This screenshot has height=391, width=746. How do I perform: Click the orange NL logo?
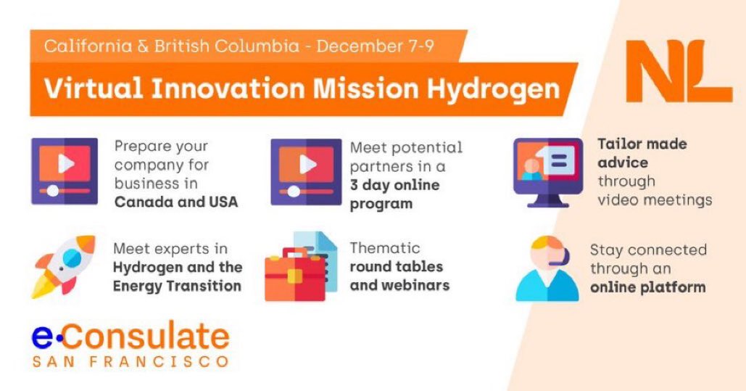coord(678,72)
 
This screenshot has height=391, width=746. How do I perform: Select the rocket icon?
coord(64,266)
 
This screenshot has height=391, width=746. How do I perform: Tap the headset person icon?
coord(547,268)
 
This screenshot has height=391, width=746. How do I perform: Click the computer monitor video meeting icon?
coord(547,171)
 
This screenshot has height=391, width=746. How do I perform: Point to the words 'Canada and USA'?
coord(175,202)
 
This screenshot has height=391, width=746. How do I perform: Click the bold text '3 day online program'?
coord(394,194)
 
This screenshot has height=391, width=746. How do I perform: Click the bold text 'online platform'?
coord(647,287)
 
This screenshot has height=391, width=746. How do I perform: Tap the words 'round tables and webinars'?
coord(399,276)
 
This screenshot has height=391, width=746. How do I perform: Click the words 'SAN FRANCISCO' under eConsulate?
coord(130,361)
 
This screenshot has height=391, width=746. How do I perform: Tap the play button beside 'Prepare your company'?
coord(65,165)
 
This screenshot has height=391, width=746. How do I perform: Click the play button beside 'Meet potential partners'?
coord(306,165)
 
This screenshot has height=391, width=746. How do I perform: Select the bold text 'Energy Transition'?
coord(177,286)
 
